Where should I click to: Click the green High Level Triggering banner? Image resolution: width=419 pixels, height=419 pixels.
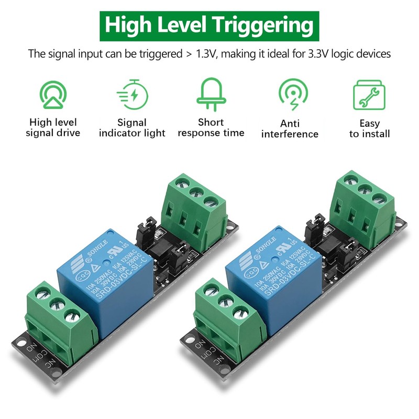click(210, 24)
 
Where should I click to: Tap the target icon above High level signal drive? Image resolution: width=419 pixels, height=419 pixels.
click(53, 94)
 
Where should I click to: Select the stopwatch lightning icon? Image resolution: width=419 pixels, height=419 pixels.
click(133, 95)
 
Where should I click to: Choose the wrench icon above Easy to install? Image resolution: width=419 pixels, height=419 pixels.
click(369, 95)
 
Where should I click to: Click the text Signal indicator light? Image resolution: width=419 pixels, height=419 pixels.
click(132, 128)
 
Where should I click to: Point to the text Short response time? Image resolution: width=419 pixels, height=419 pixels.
click(211, 127)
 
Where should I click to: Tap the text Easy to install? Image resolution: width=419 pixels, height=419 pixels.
click(369, 128)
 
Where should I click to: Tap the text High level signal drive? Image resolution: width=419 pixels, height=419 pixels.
click(53, 128)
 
